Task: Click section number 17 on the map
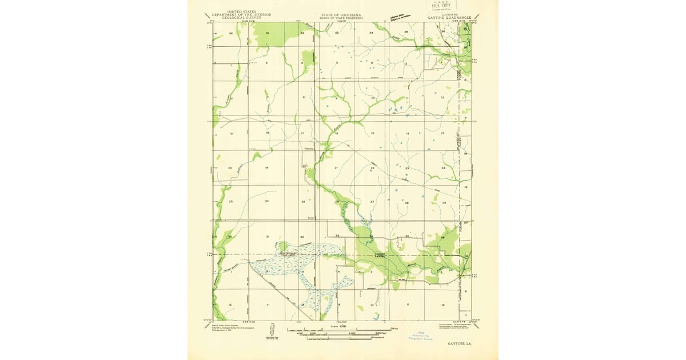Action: (x=302, y=133)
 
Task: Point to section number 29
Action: (x=304, y=202)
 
